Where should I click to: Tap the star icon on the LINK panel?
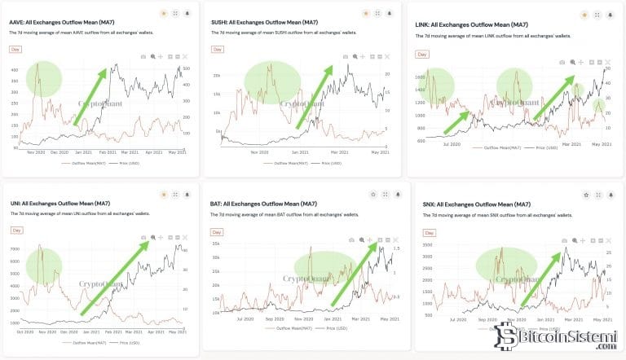(584, 15)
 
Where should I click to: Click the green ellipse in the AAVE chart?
(43, 80)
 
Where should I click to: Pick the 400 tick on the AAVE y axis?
(15, 70)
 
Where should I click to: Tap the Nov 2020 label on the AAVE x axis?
(35, 152)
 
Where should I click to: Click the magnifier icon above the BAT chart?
(359, 240)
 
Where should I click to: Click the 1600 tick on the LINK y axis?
(421, 77)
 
